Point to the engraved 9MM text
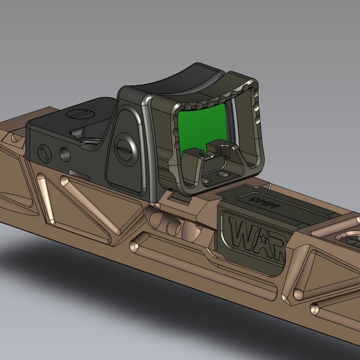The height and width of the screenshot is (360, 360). coord(257,200)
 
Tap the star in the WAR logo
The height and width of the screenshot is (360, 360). coord(263,238)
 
